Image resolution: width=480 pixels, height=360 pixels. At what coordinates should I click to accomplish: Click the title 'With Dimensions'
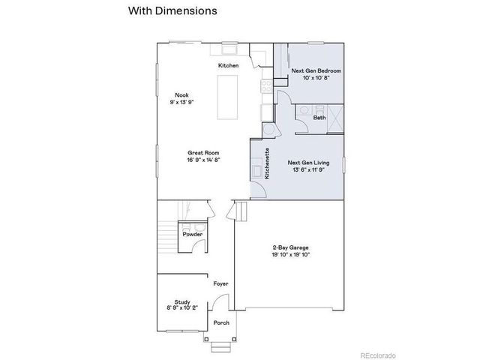172,11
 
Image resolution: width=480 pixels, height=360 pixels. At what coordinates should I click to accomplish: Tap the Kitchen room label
229,66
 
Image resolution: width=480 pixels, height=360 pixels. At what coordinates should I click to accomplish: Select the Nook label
181,94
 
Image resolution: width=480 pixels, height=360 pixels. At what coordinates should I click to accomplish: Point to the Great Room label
203,152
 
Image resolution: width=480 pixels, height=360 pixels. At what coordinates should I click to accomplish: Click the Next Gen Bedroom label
316,70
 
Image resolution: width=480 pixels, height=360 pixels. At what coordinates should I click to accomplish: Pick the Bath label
319,118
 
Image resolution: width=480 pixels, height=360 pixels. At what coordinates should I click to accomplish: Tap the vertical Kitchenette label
268,164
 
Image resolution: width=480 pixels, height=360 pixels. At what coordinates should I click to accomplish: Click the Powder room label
193,235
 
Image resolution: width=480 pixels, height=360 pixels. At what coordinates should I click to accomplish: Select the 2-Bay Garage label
290,247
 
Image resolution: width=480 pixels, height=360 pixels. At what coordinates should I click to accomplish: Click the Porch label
221,322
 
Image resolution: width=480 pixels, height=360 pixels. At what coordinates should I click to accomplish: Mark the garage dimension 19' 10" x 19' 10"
290,254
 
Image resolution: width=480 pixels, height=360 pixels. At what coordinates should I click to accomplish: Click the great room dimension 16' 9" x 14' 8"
203,159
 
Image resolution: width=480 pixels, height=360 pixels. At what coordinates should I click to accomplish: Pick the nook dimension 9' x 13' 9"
181,101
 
